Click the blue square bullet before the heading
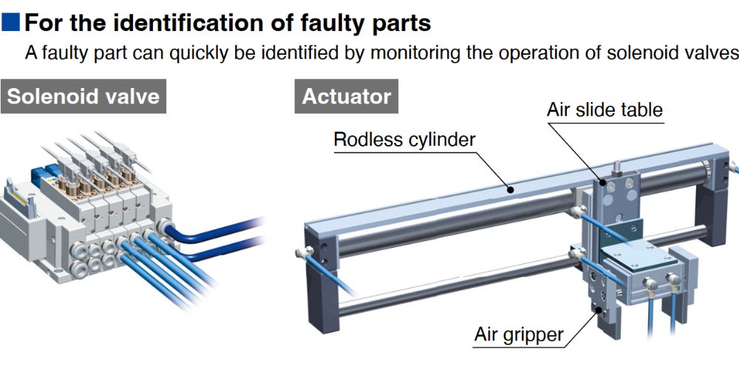(x=11, y=22)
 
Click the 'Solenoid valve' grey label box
(x=83, y=96)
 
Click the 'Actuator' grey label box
(x=347, y=96)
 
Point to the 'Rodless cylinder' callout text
(x=404, y=140)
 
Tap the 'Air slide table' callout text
(x=605, y=110)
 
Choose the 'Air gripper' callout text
(x=518, y=335)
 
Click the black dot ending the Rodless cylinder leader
(x=511, y=189)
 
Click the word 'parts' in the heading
(x=398, y=22)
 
